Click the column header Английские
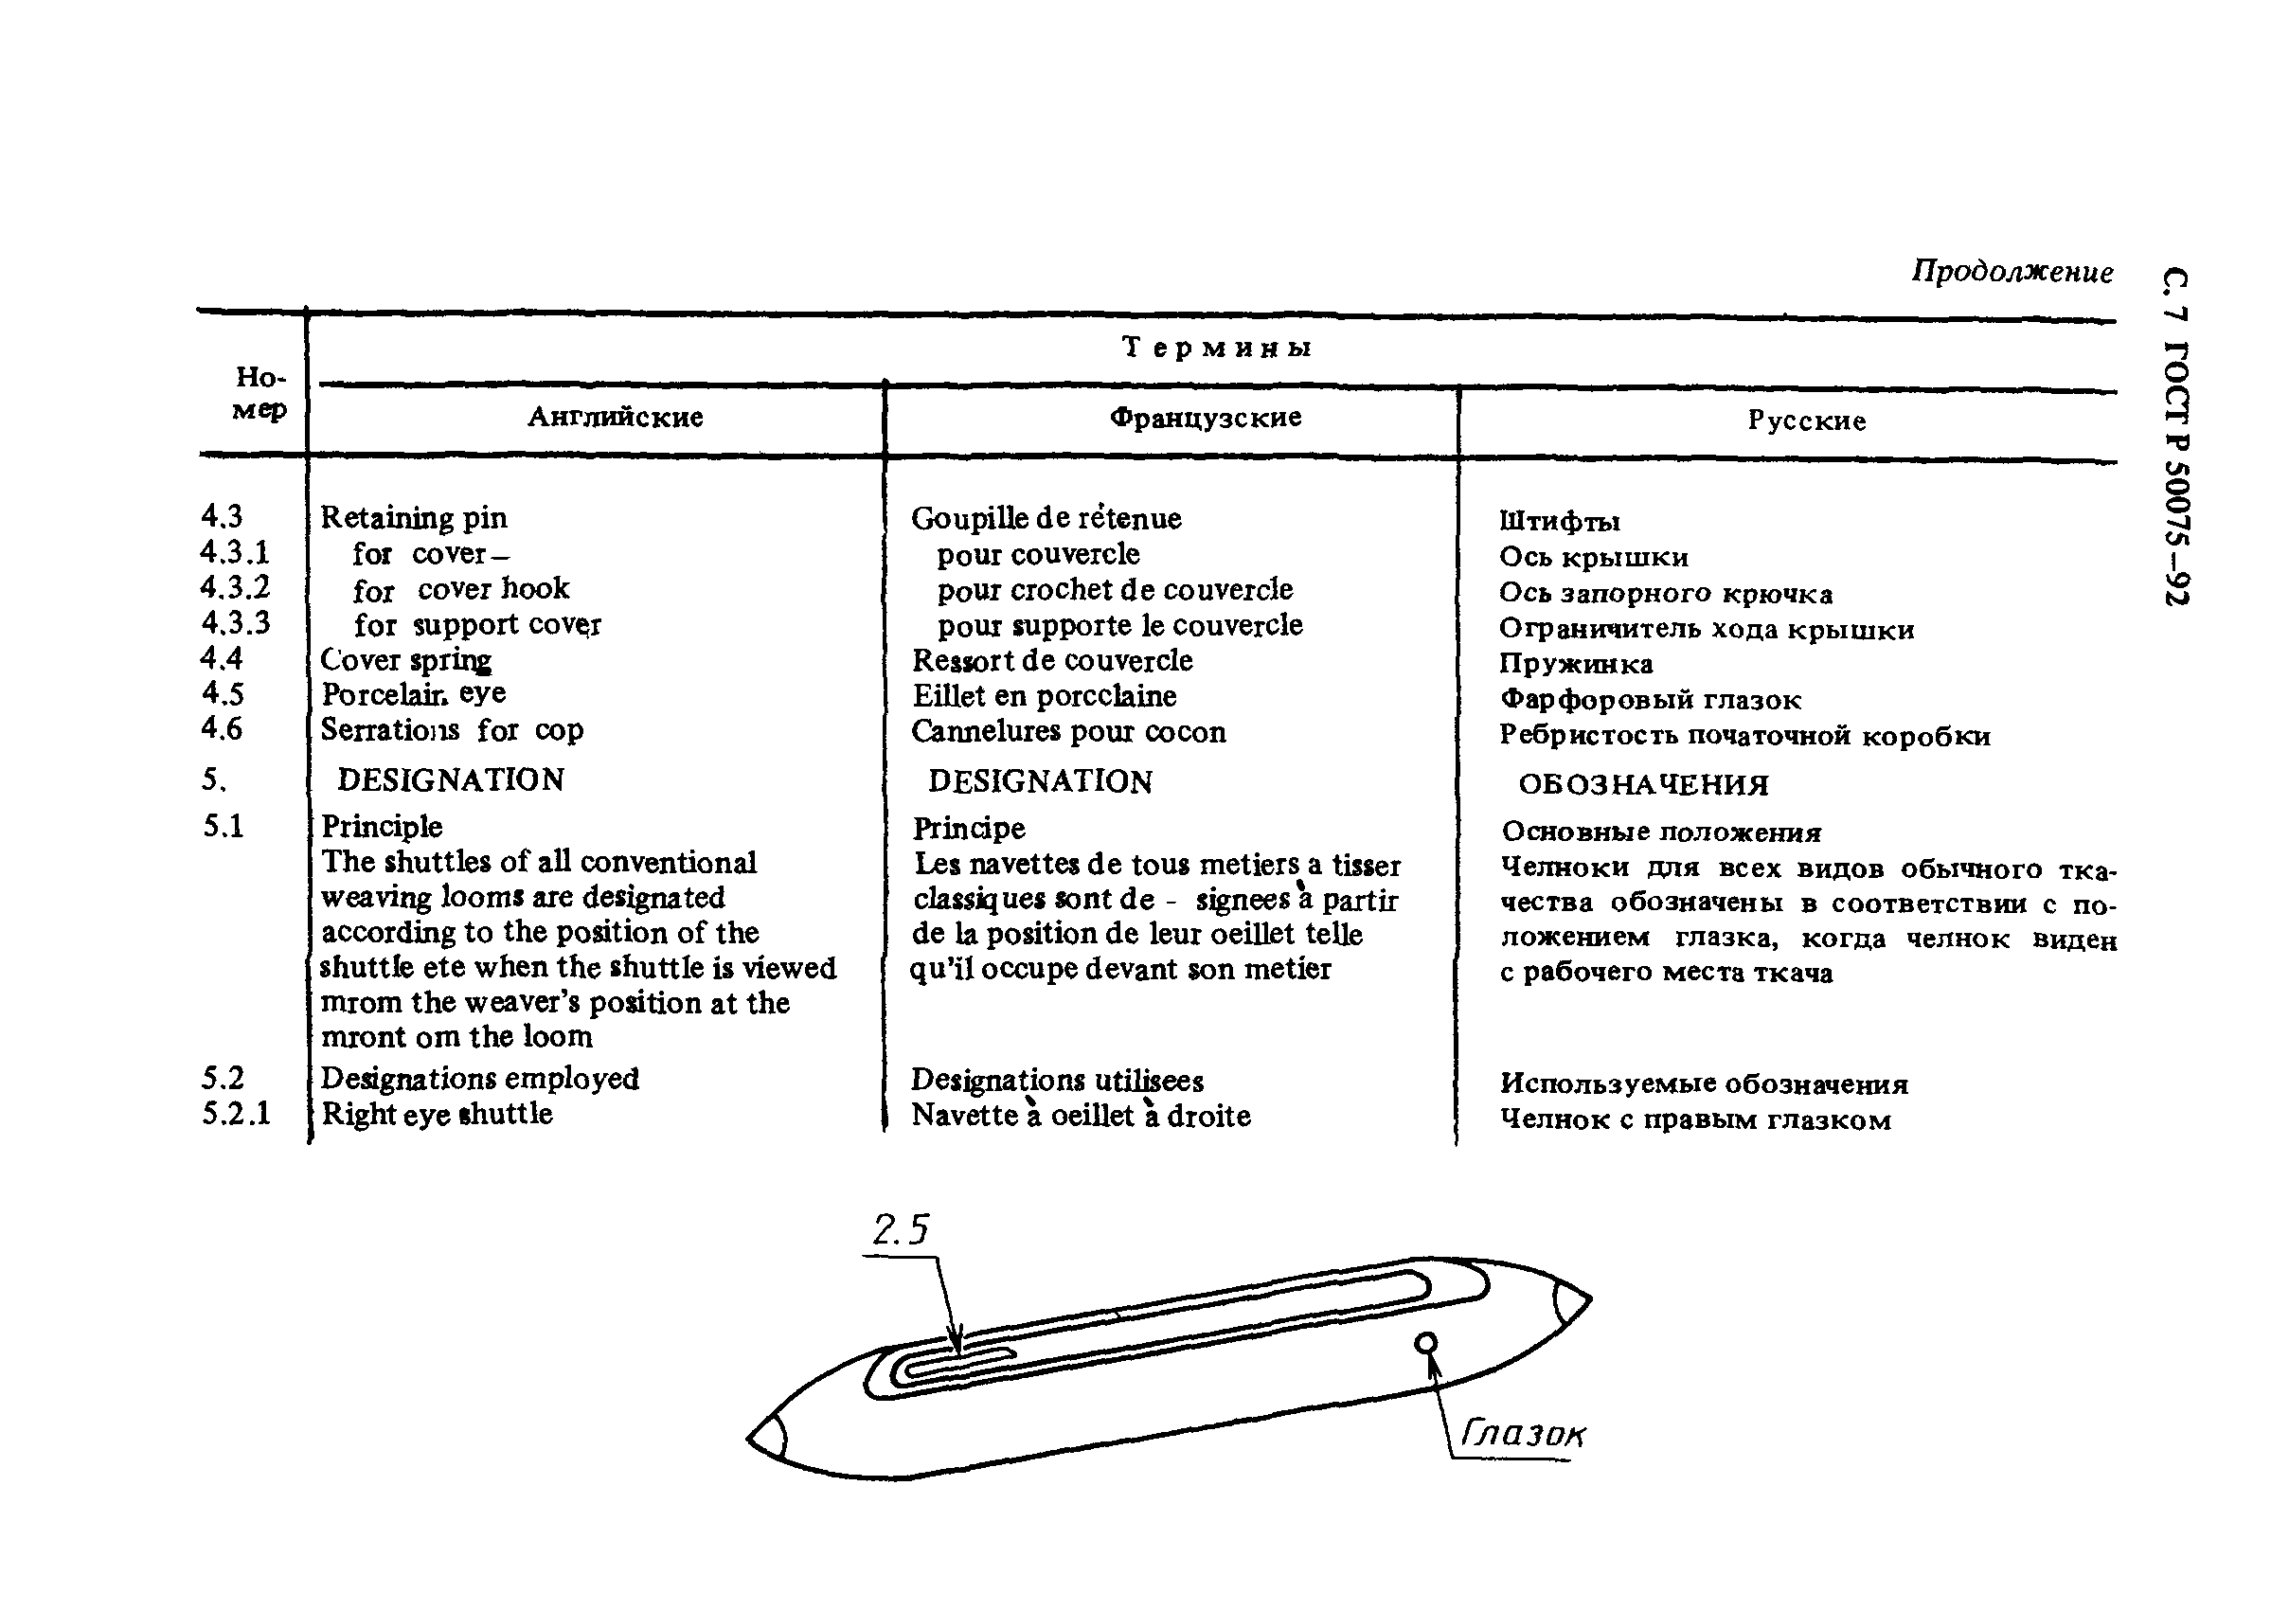pyautogui.click(x=616, y=417)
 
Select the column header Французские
pyautogui.click(x=1206, y=417)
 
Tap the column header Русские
pyautogui.click(x=1806, y=421)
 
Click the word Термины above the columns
pyautogui.click(x=1216, y=347)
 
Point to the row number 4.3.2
pyautogui.click(x=235, y=587)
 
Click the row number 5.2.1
pyautogui.click(x=236, y=1113)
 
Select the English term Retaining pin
pyautogui.click(x=414, y=517)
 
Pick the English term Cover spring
pyautogui.click(x=405, y=660)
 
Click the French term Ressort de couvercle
pyautogui.click(x=1052, y=660)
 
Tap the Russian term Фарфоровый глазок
pyautogui.click(x=1650, y=700)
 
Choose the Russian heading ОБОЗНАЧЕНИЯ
pyautogui.click(x=1643, y=784)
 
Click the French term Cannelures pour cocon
pyautogui.click(x=1067, y=732)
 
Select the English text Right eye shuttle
pyautogui.click(x=437, y=1114)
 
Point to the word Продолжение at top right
pyautogui.click(x=2012, y=271)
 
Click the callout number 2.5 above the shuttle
pyautogui.click(x=901, y=1230)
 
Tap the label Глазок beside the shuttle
pyautogui.click(x=1522, y=1434)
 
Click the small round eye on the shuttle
pyautogui.click(x=1426, y=1344)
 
